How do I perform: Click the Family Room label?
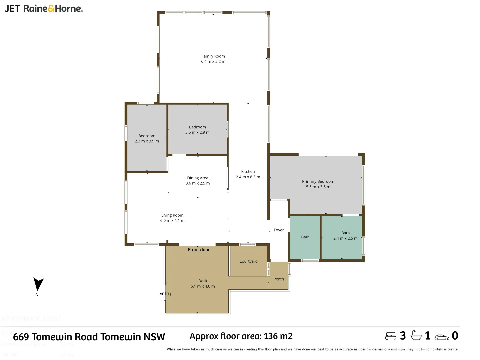pyautogui.click(x=213, y=56)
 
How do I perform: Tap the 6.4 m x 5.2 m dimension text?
pyautogui.click(x=213, y=62)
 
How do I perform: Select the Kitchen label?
pyautogui.click(x=248, y=172)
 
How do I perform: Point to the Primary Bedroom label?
pyautogui.click(x=318, y=182)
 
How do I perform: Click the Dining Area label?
pyautogui.click(x=197, y=178)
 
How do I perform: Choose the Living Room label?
pyautogui.click(x=172, y=215)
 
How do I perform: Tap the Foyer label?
pyautogui.click(x=279, y=230)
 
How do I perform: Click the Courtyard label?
pyautogui.click(x=248, y=261)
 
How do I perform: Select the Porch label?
pyautogui.click(x=279, y=279)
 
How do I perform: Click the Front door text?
pyautogui.click(x=199, y=250)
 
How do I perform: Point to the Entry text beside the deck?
pyautogui.click(x=165, y=294)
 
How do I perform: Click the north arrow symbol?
pyautogui.click(x=38, y=284)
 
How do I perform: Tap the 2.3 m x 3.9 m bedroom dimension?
pyautogui.click(x=147, y=141)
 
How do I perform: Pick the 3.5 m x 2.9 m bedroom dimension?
pyautogui.click(x=197, y=133)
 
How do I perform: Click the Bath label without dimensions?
pyautogui.click(x=305, y=237)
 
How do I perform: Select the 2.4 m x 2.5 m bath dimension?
pyautogui.click(x=345, y=238)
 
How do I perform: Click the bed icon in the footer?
pyautogui.click(x=391, y=336)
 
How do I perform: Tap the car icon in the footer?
pyautogui.click(x=442, y=337)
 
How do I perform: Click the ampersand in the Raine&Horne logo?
pyautogui.click(x=51, y=9)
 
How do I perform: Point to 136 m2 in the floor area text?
pyautogui.click(x=278, y=336)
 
